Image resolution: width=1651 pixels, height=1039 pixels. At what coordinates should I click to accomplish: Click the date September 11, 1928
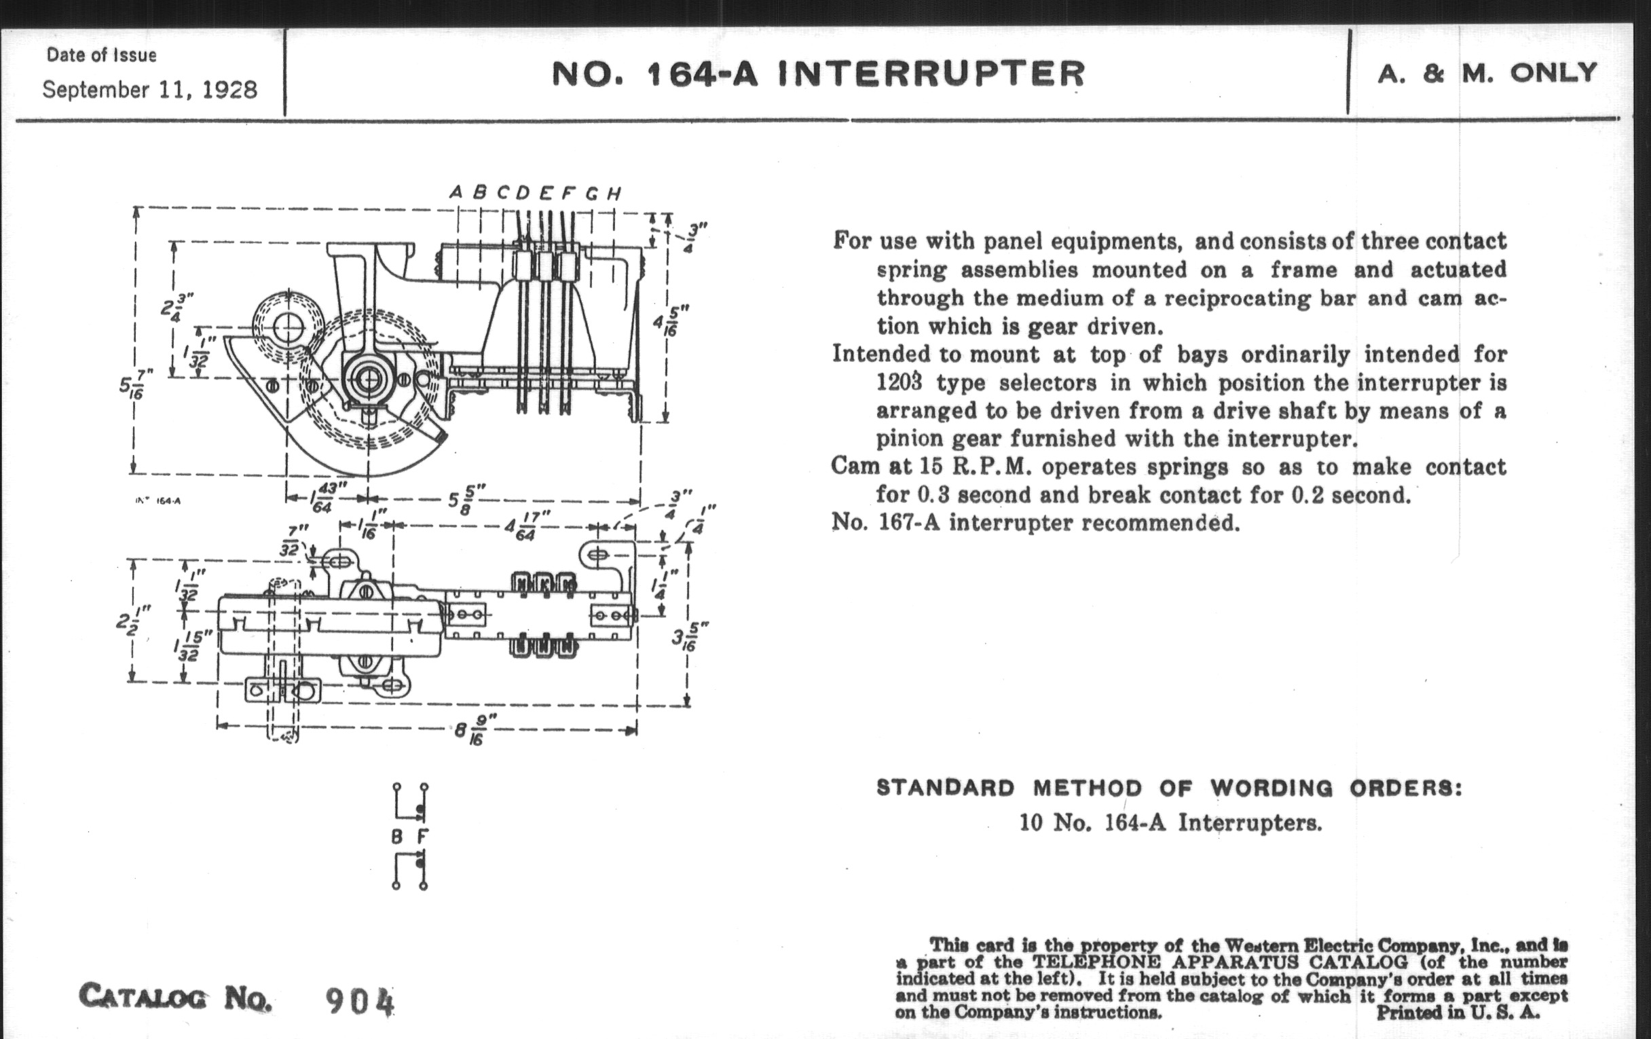point(149,90)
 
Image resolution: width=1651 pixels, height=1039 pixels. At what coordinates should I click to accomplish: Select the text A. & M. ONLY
point(1487,73)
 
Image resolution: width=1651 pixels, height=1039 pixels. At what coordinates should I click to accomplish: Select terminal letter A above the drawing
point(456,194)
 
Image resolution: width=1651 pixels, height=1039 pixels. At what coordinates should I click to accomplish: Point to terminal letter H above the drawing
point(614,194)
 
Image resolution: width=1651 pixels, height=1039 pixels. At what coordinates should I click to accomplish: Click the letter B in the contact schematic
point(396,837)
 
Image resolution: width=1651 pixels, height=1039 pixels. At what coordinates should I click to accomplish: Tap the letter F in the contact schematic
point(423,837)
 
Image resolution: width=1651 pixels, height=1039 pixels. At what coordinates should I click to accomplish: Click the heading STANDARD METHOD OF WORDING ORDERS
point(1168,788)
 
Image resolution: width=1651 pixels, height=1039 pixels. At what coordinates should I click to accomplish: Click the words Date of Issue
point(101,55)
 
